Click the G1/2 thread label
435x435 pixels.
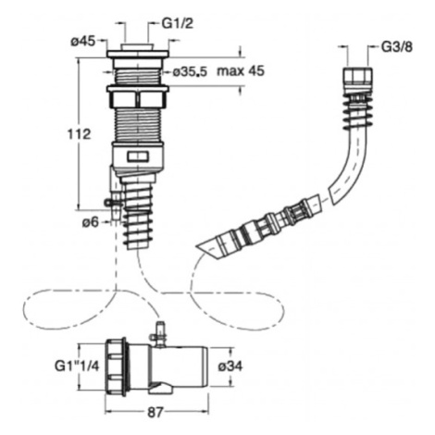pyautogui.click(x=178, y=23)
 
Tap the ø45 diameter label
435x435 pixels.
pyautogui.click(x=83, y=41)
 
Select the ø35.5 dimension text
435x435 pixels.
pyautogui.click(x=190, y=72)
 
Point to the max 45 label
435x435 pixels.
pyautogui.click(x=241, y=71)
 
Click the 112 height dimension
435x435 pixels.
pyautogui.click(x=79, y=134)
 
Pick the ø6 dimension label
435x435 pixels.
pyautogui.click(x=90, y=222)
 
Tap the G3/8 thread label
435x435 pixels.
pyautogui.click(x=397, y=47)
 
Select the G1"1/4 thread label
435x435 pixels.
pyautogui.click(x=77, y=367)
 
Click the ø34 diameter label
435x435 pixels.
pyautogui.click(x=230, y=367)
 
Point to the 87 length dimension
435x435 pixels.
pyautogui.click(x=155, y=413)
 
